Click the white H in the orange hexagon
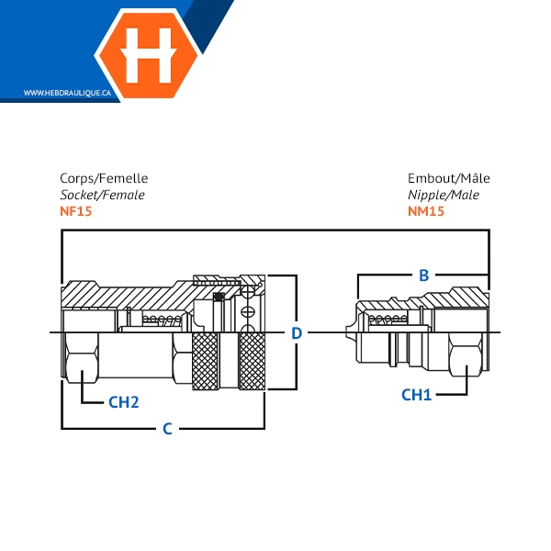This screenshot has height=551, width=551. coord(148,55)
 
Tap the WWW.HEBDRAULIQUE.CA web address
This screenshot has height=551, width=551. coord(67,93)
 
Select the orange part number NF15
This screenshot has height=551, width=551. coord(76,211)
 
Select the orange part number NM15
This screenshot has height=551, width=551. coord(426,211)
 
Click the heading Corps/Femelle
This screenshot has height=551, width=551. coord(104,178)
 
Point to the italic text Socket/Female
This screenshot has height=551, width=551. coord(102,195)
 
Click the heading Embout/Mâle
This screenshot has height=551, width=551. coord(449,178)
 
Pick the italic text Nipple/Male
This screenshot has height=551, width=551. coord(444,195)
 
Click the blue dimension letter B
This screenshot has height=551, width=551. coord(424,275)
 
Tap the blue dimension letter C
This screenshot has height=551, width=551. coord(168,429)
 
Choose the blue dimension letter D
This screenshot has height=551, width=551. coord(297,333)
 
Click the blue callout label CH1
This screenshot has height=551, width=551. coord(416,395)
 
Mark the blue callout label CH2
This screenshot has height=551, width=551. coord(124,402)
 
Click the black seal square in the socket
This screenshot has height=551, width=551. coord(219,298)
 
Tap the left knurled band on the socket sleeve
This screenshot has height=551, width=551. coord(205,361)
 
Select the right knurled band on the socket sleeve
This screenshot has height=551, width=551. coord(252,361)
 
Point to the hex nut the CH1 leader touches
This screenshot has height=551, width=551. coord(467,354)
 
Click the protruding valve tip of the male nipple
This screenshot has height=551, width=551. coord(351,332)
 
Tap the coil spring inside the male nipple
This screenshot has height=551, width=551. coord(388,319)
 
